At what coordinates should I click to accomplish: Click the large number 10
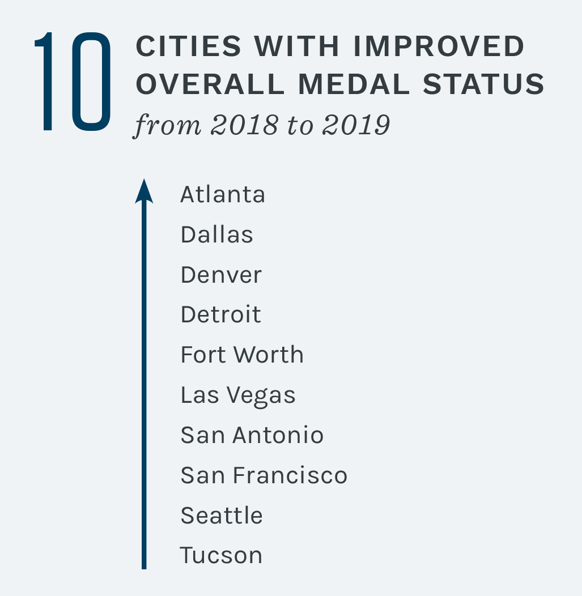point(73,83)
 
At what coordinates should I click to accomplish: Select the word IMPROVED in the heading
point(439,47)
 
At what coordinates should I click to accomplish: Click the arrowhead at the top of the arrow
point(144,191)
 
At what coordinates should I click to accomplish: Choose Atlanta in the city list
point(223,195)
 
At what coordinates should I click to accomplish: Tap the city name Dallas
point(216,235)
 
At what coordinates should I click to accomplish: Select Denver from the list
point(221,275)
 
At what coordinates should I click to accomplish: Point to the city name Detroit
point(220,314)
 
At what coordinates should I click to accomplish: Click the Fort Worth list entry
point(242,355)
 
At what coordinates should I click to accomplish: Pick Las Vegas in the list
point(238,395)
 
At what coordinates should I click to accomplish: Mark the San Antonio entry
point(252,435)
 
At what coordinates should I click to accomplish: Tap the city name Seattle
point(222,516)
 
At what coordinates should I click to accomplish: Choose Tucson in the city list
point(221,555)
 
